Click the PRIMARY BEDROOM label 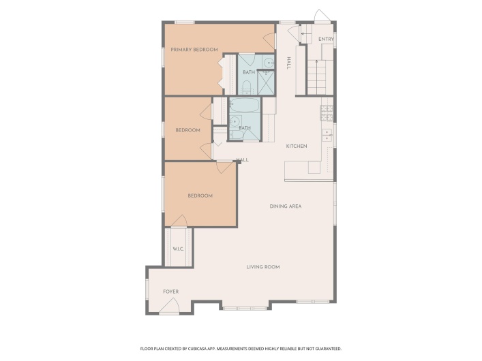pos(194,50)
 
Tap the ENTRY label pos(326,40)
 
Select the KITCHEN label pos(297,146)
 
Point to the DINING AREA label pos(286,206)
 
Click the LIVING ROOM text pos(263,267)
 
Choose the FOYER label pos(170,292)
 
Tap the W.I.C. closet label pos(179,249)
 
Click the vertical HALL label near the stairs pos(289,63)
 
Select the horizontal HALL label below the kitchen pos(242,160)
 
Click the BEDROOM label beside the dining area pos(200,195)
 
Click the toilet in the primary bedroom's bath pos(245,86)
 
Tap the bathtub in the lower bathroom pos(243,106)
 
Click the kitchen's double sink pos(328,134)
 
